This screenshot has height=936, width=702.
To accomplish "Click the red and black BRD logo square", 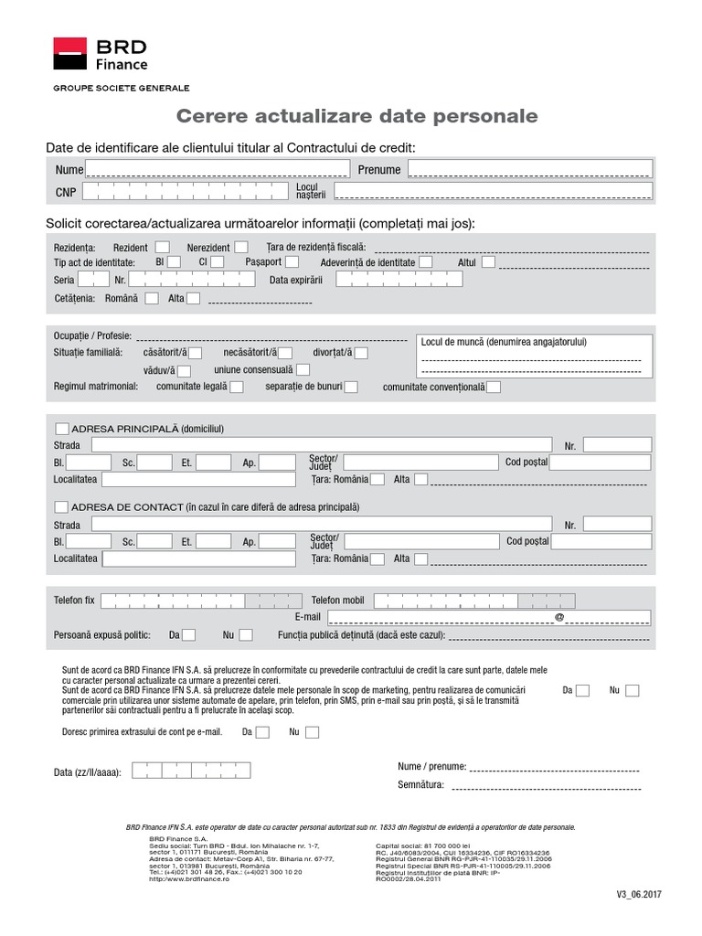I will (69, 54).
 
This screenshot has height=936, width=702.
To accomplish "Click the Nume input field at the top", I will (217, 169).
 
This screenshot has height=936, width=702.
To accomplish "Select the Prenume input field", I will (529, 169).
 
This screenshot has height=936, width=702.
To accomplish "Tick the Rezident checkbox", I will (162, 247).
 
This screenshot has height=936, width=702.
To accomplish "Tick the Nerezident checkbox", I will (240, 247).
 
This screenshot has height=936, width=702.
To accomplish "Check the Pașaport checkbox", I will (292, 262).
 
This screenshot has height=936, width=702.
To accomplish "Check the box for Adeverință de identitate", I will (426, 262).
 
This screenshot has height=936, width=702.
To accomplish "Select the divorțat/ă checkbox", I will (361, 353).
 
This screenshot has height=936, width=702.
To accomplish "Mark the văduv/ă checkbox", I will (184, 371).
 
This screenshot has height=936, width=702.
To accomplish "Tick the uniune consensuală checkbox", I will (303, 370).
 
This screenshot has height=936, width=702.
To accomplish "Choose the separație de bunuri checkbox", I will (351, 388).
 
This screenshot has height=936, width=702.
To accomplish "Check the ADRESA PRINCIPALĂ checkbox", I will (62, 428).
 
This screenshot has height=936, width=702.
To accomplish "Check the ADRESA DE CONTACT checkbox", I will (62, 506).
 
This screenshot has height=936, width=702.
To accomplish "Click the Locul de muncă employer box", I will (534, 356).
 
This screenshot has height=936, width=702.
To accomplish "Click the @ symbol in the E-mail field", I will (559, 618).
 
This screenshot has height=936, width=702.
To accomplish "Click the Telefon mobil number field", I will (474, 601).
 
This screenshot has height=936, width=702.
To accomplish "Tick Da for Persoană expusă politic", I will (188, 635).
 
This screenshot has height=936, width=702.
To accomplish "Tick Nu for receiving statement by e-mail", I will (312, 732).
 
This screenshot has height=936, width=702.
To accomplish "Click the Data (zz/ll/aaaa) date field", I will (191, 771).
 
